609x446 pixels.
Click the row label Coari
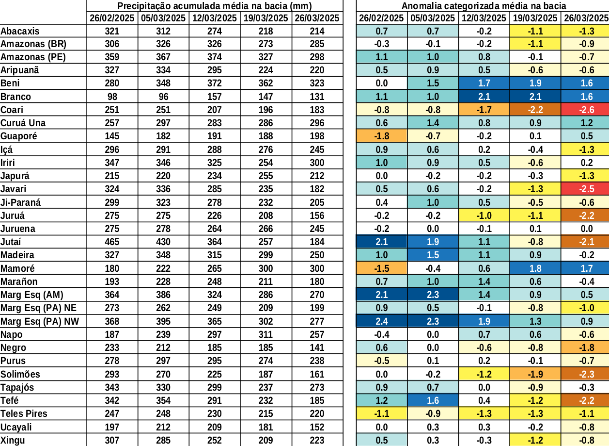click(12, 110)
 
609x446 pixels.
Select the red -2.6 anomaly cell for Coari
click(585, 110)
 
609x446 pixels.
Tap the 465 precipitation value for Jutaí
click(112, 242)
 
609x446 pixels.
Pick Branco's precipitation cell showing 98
click(112, 97)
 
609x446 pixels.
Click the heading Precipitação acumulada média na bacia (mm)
click(215, 6)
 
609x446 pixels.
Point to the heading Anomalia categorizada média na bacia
click(484, 6)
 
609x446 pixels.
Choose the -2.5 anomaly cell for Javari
click(585, 189)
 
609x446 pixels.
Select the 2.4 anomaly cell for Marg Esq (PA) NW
click(382, 321)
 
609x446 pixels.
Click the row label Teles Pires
click(24, 413)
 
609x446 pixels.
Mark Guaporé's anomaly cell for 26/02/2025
click(382, 136)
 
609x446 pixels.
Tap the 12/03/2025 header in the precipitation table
click(214, 18)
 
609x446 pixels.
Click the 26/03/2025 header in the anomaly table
click(585, 18)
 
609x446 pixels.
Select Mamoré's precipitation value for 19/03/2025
click(265, 268)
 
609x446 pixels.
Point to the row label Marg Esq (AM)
click(32, 295)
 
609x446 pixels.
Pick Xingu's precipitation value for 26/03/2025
click(317, 440)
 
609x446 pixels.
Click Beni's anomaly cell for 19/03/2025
click(535, 83)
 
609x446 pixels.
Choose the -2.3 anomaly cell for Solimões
click(585, 374)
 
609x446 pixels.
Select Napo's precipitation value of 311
click(265, 334)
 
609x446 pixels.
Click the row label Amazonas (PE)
click(33, 57)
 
